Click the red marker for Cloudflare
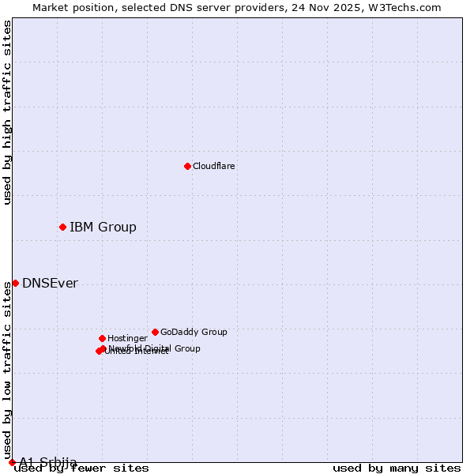click(x=187, y=166)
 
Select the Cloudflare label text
click(x=213, y=167)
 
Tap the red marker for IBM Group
click(x=62, y=228)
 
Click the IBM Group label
click(x=103, y=228)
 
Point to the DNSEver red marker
click(x=15, y=283)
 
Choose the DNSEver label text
click(x=50, y=284)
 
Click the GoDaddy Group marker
click(x=155, y=332)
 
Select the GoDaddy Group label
click(x=194, y=333)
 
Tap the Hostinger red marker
click(x=102, y=338)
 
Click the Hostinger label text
click(x=127, y=339)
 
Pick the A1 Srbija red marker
click(x=12, y=462)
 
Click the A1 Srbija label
click(x=48, y=461)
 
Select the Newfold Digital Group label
click(x=155, y=348)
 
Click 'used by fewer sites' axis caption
click(x=81, y=468)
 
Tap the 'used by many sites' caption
click(x=397, y=468)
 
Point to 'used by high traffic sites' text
click(x=8, y=112)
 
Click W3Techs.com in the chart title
click(x=408, y=8)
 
